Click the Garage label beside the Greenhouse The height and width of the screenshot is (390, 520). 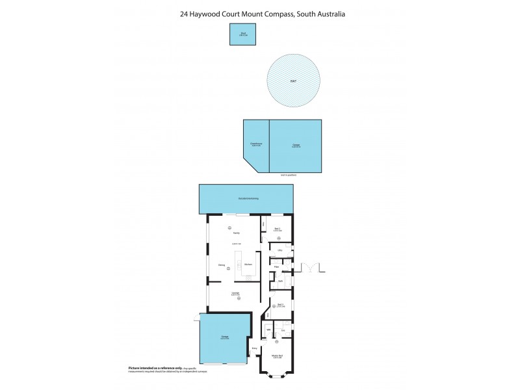click(x=296, y=145)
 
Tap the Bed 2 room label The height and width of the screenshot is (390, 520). click(x=278, y=229)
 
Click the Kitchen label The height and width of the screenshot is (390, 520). click(x=248, y=264)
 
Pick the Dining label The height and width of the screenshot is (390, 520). click(x=222, y=265)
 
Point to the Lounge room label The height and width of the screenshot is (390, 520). click(x=236, y=293)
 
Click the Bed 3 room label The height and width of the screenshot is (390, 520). click(x=280, y=304)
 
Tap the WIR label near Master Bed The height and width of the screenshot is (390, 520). click(x=268, y=331)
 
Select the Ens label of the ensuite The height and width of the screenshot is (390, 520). click(x=283, y=331)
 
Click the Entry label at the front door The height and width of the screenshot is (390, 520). click(x=255, y=348)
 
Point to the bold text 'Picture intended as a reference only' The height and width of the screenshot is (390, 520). click(x=152, y=368)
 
